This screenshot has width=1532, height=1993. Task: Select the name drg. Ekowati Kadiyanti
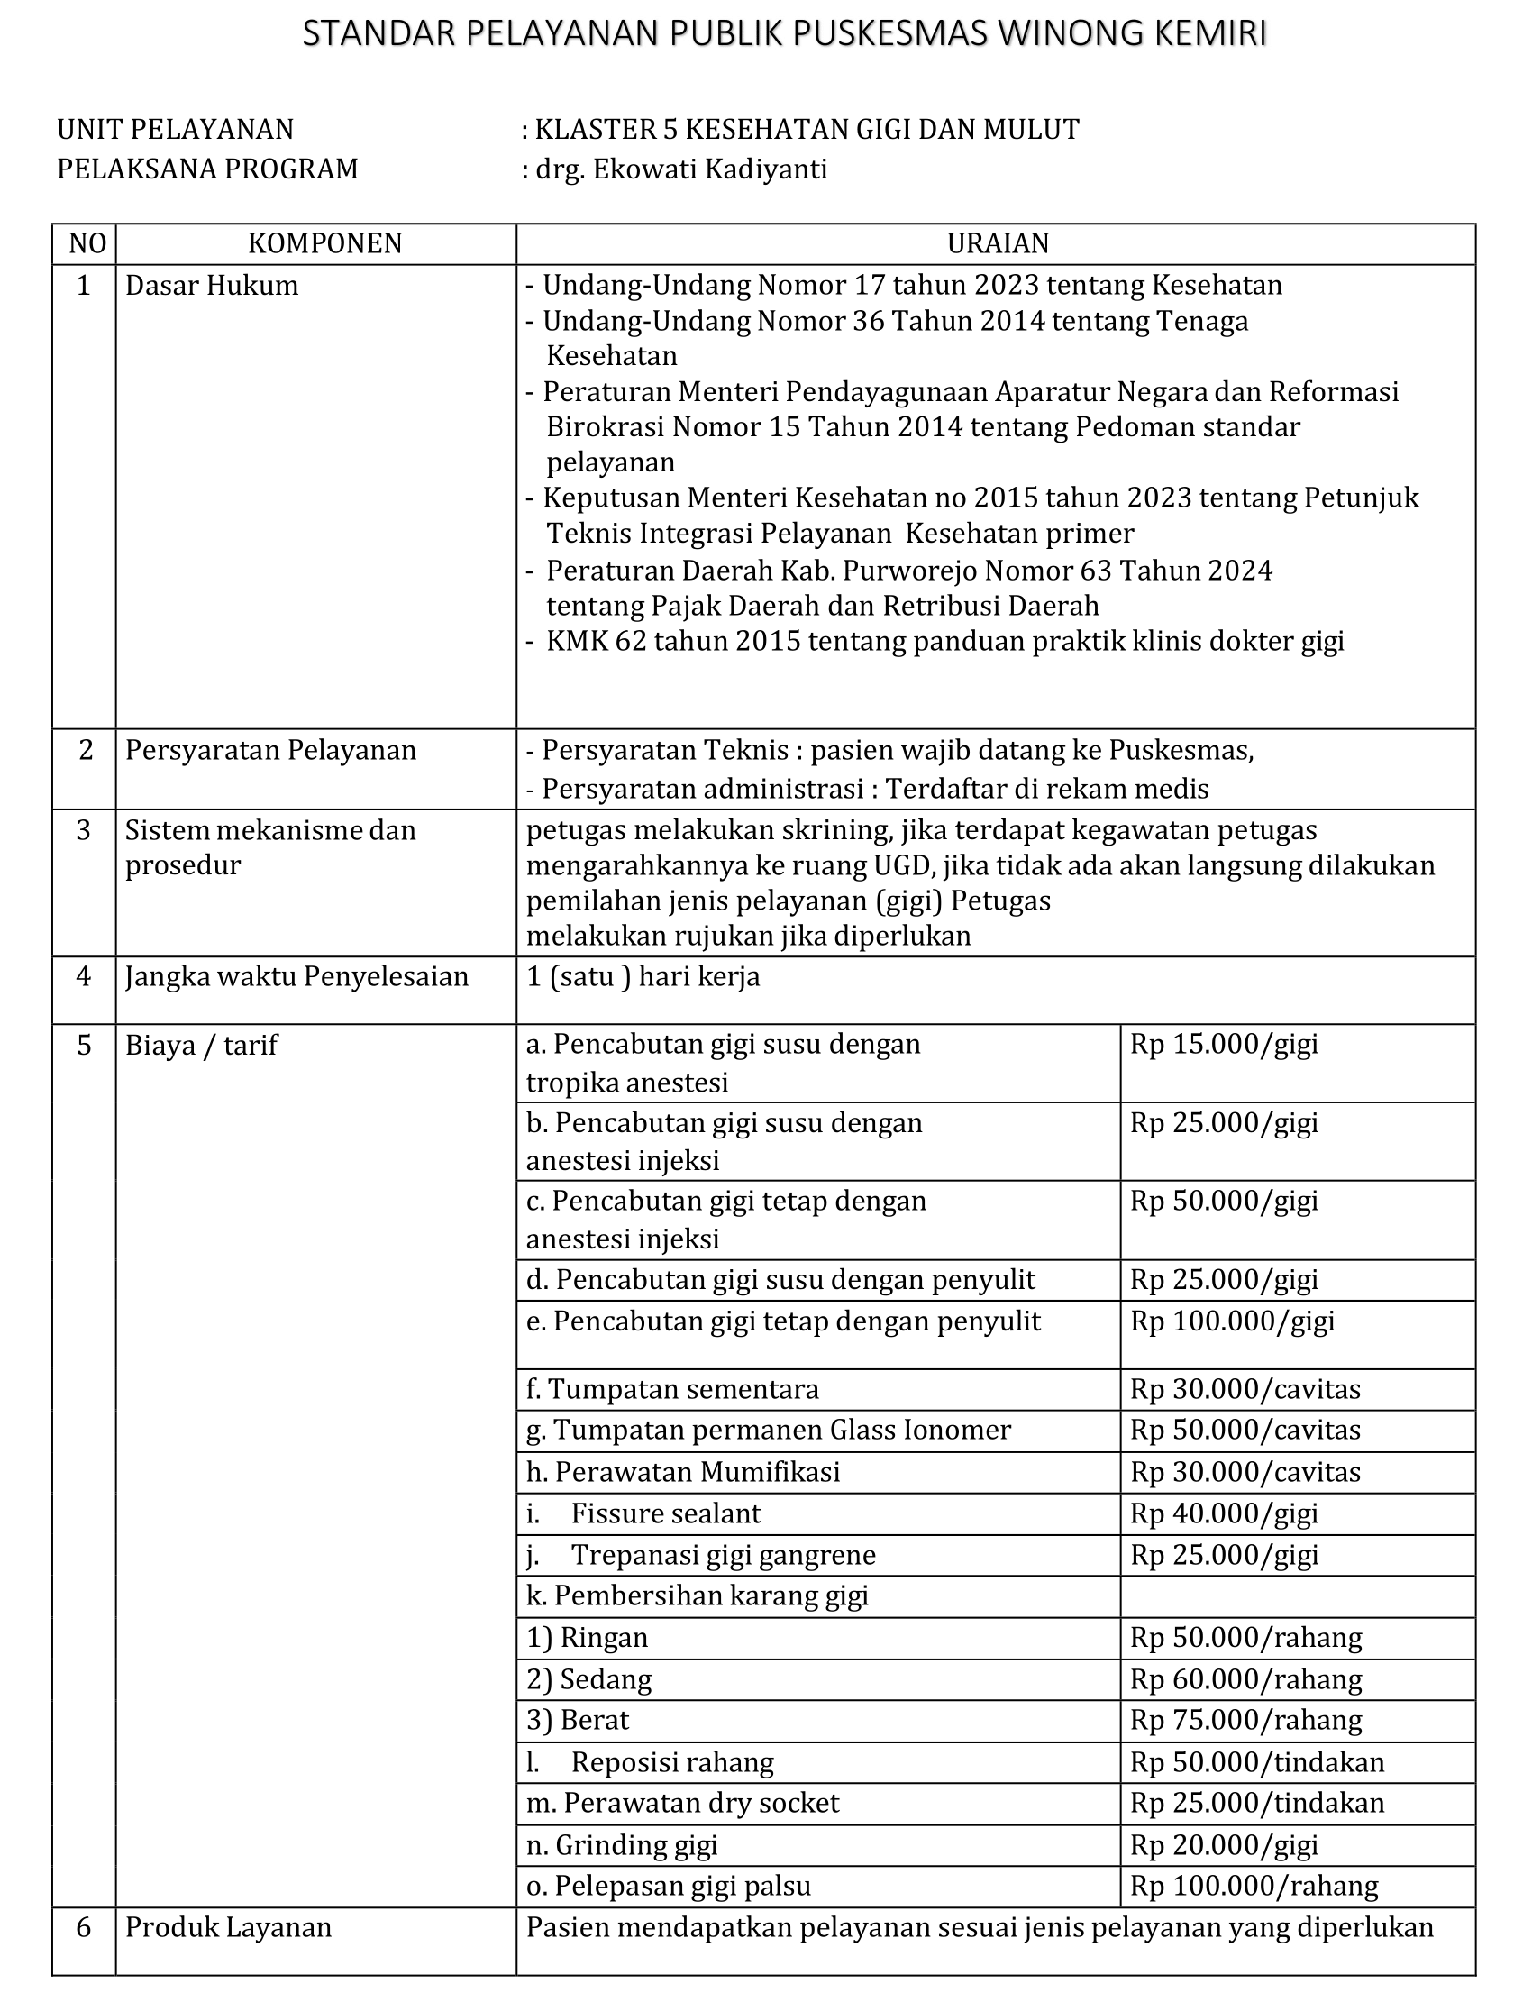coord(681,169)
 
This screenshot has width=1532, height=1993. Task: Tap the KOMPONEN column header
coord(324,243)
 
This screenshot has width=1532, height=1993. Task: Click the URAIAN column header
coord(998,243)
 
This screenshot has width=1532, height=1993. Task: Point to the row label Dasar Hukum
coord(212,286)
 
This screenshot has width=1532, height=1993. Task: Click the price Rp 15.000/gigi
coord(1224,1045)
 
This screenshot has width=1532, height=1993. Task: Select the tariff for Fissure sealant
coord(1224,1514)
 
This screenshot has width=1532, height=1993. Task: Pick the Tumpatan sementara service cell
coord(672,1389)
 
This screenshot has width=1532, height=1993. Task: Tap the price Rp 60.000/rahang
coord(1245,1679)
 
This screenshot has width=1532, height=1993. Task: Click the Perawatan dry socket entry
coord(682,1804)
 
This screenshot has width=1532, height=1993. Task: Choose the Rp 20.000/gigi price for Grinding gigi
coord(1224,1845)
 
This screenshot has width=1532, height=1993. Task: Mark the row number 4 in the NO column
coord(84,977)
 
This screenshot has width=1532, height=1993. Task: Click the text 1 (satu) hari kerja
coord(643,977)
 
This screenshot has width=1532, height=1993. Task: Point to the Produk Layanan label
coord(228,1927)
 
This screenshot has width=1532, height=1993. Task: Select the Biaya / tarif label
coord(201,1046)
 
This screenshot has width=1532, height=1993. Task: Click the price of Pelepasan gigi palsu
coord(1254,1886)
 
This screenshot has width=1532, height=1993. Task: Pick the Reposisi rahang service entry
coord(672,1762)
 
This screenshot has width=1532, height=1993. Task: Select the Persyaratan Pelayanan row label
coord(270,750)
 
